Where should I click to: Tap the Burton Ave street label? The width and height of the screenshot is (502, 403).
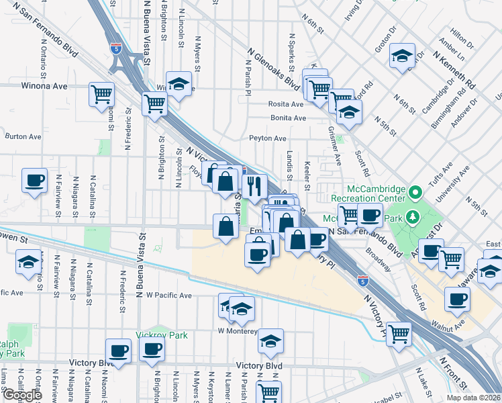click(23, 136)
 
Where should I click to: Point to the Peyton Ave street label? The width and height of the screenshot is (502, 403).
click(268, 138)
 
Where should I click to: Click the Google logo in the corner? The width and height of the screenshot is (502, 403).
click(22, 395)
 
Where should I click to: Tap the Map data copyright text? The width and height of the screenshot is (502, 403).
click(474, 397)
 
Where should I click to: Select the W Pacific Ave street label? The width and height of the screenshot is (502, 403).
click(168, 295)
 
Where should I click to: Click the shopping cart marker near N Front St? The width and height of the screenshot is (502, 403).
click(399, 333)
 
